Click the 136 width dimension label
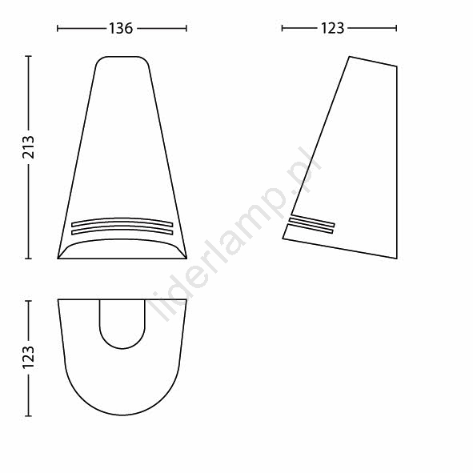pyautogui.click(x=121, y=28)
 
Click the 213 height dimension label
pyautogui.click(x=29, y=147)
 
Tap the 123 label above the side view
pyautogui.click(x=332, y=28)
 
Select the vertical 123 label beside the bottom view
pyautogui.click(x=29, y=357)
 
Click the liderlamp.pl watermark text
pyautogui.click(x=234, y=233)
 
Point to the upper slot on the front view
pyautogui.click(x=122, y=222)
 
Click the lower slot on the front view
pyautogui.click(x=122, y=230)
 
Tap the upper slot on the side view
pyautogui.click(x=311, y=221)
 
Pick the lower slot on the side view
pyautogui.click(x=311, y=228)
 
